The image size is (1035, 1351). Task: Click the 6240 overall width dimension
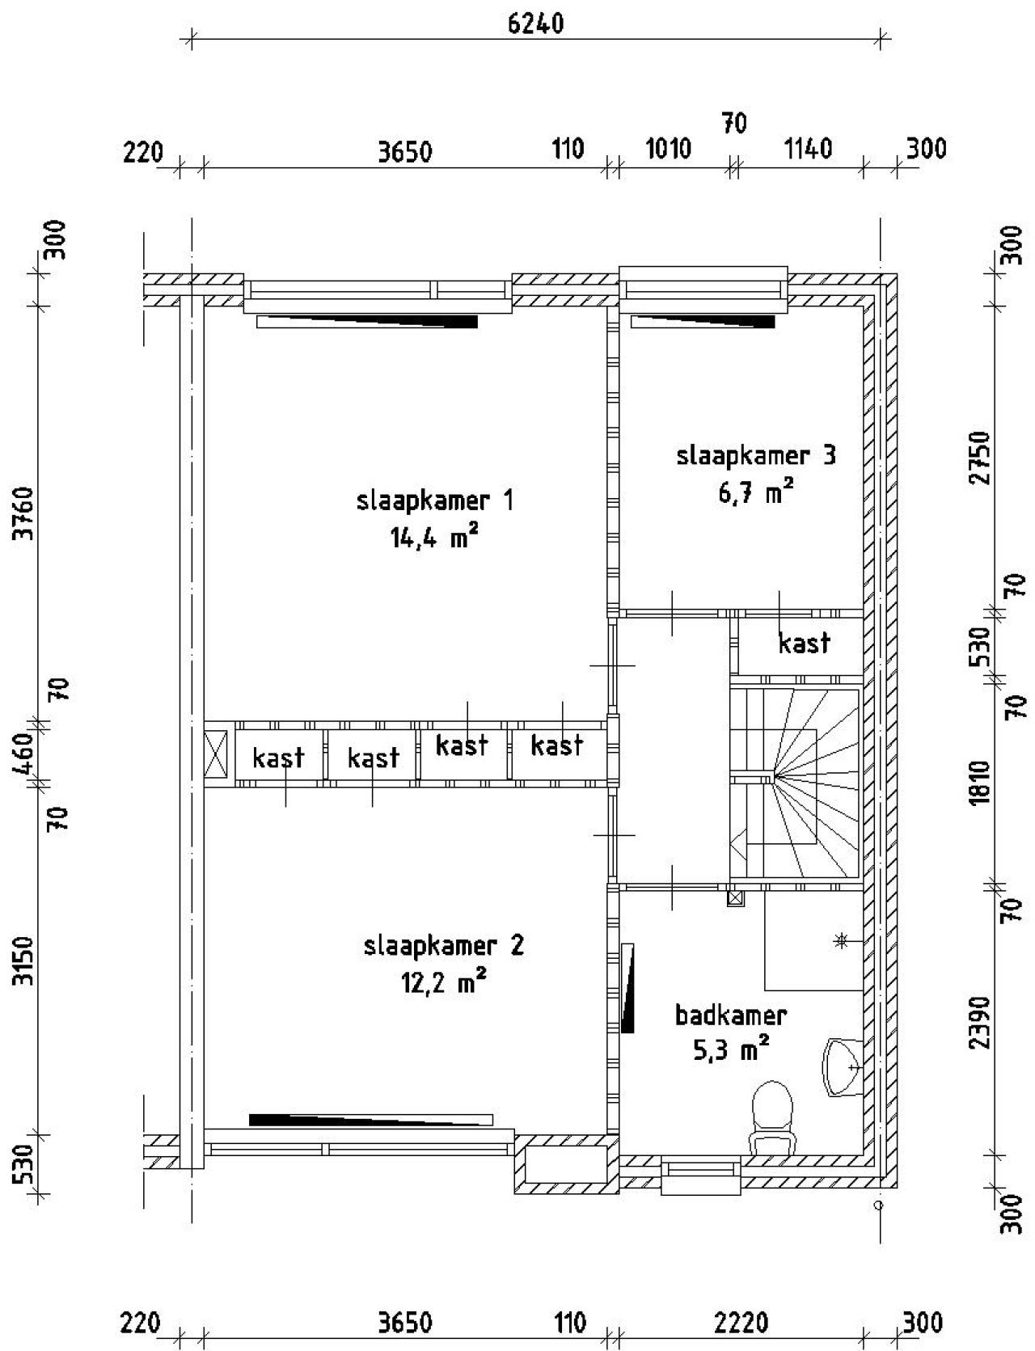coord(535,23)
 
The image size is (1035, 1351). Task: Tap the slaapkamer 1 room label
coord(435,500)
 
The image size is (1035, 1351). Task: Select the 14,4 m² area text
coord(429,538)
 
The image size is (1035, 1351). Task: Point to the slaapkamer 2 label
coord(444,945)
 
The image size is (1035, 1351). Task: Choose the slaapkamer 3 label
coord(756,455)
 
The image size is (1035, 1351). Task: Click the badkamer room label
coord(731,1015)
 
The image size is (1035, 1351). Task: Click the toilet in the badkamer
coord(772,1119)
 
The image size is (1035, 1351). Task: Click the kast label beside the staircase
coord(804,643)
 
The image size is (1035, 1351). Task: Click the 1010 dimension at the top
coord(669,150)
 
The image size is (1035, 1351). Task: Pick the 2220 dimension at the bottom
coord(741,1323)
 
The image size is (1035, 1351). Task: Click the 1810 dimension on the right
coord(979,782)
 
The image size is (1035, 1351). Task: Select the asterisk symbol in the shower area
coord(842,940)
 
